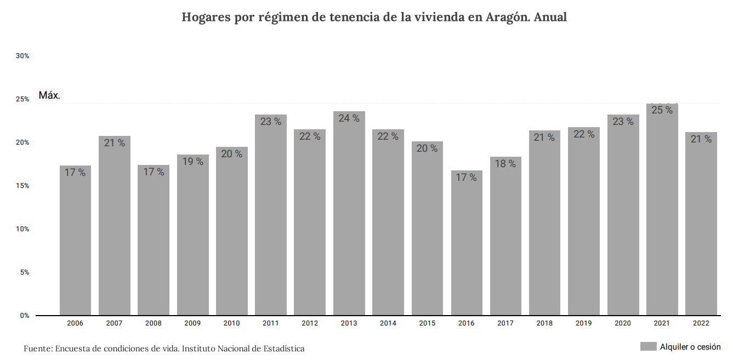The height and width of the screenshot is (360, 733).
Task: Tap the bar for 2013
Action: click(349, 213)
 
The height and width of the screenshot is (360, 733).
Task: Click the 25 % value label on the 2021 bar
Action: click(662, 110)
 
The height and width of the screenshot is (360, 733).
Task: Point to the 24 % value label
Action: click(349, 118)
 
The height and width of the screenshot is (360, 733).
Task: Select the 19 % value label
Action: click(192, 162)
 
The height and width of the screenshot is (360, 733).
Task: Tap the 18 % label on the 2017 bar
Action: click(505, 164)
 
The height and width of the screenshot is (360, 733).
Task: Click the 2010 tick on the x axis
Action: click(231, 323)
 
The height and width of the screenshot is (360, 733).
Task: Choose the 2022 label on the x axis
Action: click(701, 323)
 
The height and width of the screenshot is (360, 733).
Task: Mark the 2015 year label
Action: click(427, 323)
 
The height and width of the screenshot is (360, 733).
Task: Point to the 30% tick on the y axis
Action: click(22, 56)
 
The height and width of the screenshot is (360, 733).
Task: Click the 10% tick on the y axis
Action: click(22, 229)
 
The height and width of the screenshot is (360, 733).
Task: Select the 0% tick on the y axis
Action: click(25, 316)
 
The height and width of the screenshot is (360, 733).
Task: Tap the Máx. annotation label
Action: click(49, 95)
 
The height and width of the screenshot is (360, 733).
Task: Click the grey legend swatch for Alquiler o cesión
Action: click(648, 347)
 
